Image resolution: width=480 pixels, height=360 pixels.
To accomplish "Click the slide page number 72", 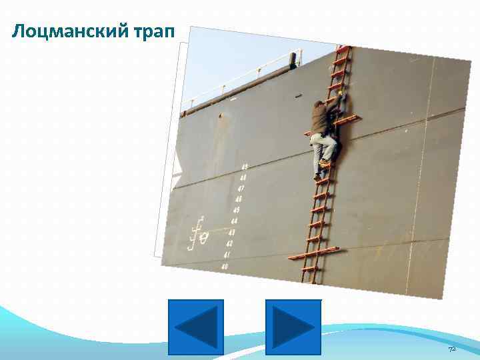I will [x=451, y=349].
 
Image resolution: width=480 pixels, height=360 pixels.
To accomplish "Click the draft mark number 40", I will [x=225, y=267].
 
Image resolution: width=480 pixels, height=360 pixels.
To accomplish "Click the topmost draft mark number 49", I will [x=244, y=167].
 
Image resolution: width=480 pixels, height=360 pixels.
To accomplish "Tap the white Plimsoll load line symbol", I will [x=198, y=235].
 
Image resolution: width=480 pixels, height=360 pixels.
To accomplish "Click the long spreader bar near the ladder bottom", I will [x=313, y=253].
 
